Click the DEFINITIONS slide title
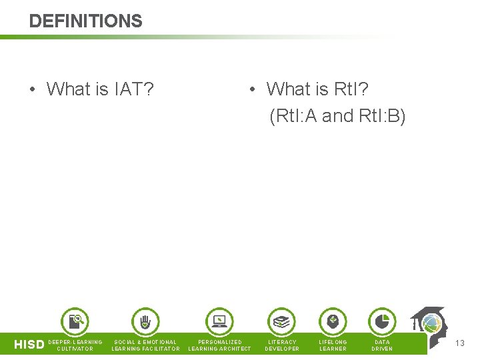(85, 21)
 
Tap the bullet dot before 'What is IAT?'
(33, 89)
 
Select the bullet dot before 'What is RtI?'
(252, 89)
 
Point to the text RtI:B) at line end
(382, 116)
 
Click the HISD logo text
(29, 345)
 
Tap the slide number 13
(459, 343)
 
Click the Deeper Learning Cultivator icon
(75, 322)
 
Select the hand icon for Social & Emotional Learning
(145, 322)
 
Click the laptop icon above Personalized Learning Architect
(219, 322)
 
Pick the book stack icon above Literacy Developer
(281, 322)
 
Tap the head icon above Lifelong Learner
(333, 322)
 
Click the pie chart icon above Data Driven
(381, 322)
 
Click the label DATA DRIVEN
(382, 345)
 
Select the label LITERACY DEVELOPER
(282, 345)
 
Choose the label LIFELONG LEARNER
(333, 345)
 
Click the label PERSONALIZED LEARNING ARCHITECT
(220, 345)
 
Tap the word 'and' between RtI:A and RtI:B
(337, 116)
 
